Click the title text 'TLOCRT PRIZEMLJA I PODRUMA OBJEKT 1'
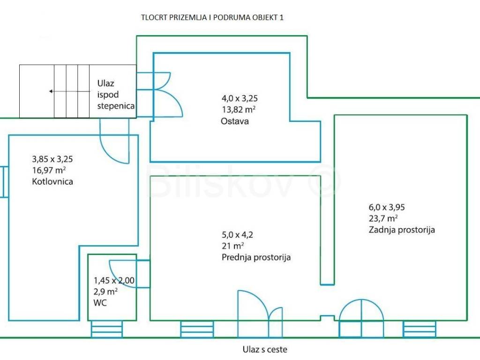tap(212, 18)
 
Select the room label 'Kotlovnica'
tap(52, 181)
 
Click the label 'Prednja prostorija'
tap(256, 257)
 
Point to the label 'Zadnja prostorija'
tap(402, 230)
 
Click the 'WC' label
tap(100, 303)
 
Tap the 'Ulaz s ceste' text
tap(265, 349)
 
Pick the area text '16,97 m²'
tap(48, 170)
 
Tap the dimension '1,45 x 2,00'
tap(114, 281)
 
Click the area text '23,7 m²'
tap(383, 218)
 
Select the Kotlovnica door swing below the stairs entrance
tap(115, 150)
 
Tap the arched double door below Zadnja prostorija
tap(361, 316)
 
